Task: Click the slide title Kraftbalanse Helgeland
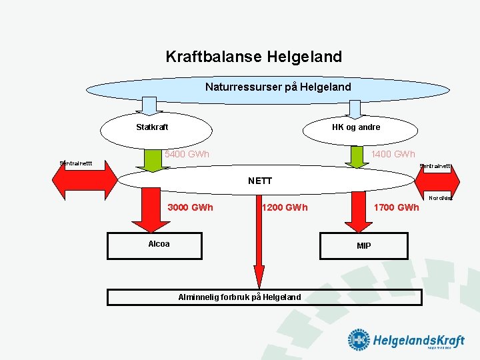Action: (x=253, y=57)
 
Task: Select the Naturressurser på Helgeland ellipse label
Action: (x=277, y=87)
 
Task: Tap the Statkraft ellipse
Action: (x=152, y=127)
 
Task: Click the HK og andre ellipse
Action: (x=356, y=127)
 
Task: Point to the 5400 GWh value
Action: (x=187, y=155)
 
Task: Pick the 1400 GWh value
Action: (x=393, y=155)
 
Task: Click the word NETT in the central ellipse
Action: (x=259, y=181)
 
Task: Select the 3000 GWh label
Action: (x=190, y=207)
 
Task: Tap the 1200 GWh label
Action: (x=285, y=207)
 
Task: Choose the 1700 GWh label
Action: (x=396, y=207)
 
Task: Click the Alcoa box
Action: (x=159, y=244)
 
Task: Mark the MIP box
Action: (x=363, y=245)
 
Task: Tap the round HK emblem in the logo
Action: (x=358, y=340)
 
